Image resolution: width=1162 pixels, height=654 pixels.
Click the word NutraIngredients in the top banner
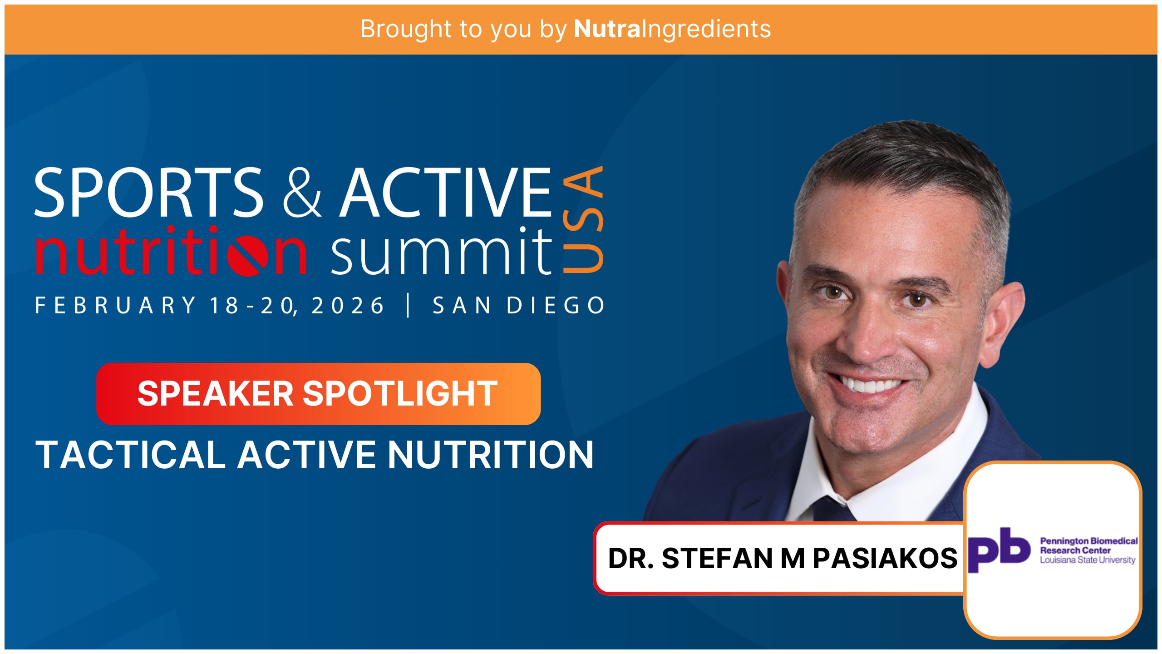tap(672, 30)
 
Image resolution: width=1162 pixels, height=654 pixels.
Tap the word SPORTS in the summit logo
tap(149, 192)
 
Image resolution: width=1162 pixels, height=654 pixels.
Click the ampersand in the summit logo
tap(302, 192)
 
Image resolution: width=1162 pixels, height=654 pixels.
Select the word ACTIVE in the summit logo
tap(446, 192)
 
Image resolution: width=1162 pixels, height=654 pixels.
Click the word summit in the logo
tap(442, 251)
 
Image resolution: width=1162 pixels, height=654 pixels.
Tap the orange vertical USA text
tap(584, 219)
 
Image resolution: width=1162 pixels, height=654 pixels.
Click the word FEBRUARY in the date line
tap(115, 305)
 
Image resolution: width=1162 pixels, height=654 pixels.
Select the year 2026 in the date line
tap(348, 305)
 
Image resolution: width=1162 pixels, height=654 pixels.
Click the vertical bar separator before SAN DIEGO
tap(409, 305)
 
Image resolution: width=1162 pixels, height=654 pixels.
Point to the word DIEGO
tap(556, 305)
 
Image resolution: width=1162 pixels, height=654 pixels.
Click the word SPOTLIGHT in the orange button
tap(400, 393)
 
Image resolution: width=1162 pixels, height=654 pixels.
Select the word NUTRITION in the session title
tap(490, 455)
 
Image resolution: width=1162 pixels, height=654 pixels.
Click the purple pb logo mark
tap(999, 550)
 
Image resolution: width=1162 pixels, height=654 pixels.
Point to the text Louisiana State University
tap(1088, 560)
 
